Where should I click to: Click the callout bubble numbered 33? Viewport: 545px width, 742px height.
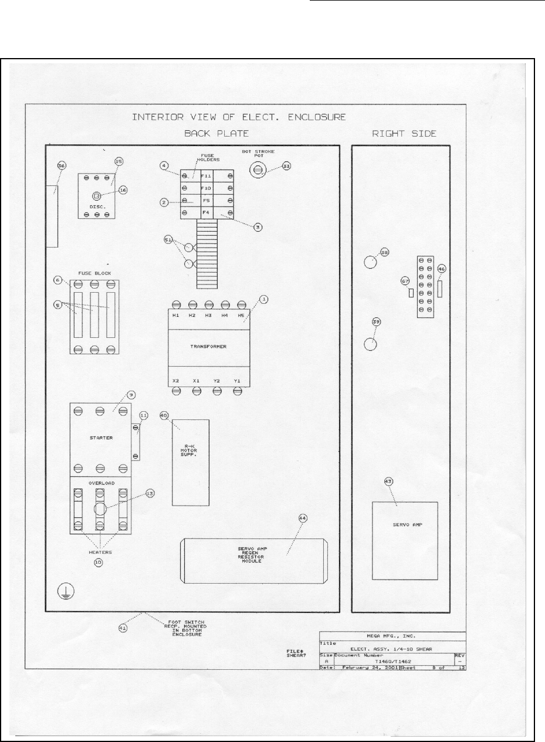click(x=286, y=166)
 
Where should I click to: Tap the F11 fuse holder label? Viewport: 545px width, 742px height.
click(x=206, y=175)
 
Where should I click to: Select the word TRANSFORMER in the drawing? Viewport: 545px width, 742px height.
click(x=208, y=347)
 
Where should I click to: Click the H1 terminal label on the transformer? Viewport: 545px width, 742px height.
click(x=175, y=316)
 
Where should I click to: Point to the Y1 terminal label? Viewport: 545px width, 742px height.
click(x=237, y=381)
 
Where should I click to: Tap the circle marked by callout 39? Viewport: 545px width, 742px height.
click(x=370, y=344)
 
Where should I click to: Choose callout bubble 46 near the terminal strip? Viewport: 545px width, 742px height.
click(x=442, y=269)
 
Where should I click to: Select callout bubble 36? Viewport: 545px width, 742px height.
click(x=61, y=166)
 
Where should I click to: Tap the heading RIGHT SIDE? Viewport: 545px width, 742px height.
click(x=405, y=134)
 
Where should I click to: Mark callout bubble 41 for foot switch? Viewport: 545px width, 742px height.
click(x=123, y=628)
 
